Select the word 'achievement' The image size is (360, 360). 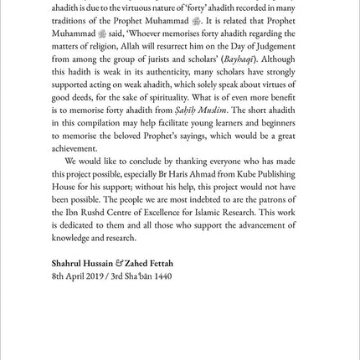coord(75,147)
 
